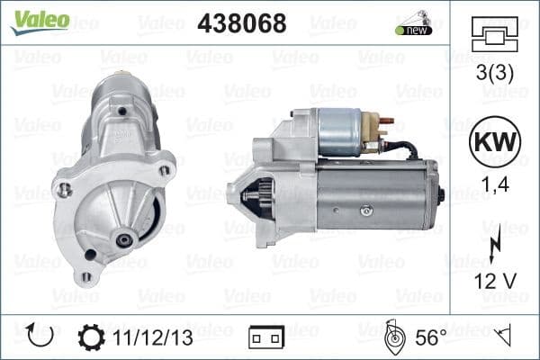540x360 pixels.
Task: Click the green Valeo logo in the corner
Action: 40,20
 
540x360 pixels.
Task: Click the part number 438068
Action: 241,24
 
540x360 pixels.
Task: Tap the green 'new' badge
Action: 414,30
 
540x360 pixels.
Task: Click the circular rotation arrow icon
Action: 41,337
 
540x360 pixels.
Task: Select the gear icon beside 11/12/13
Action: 91,337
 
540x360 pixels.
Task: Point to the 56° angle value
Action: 430,337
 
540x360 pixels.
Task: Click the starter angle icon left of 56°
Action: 392,337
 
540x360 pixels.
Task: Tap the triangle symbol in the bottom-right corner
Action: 504,337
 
